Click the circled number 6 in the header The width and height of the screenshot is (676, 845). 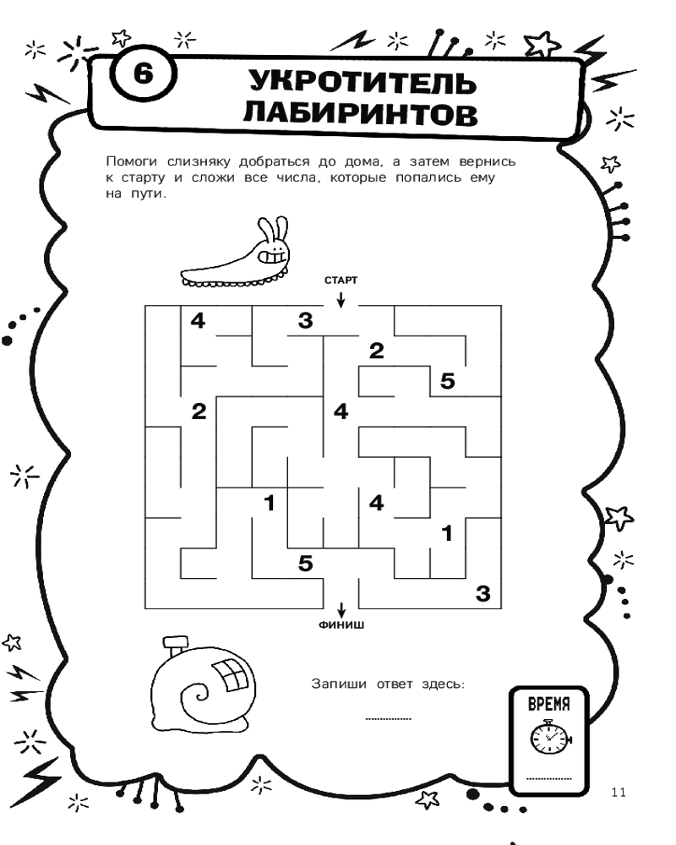(x=141, y=74)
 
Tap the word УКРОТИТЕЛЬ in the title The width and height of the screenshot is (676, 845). (x=358, y=83)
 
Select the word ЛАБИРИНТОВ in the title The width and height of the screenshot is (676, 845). (x=360, y=115)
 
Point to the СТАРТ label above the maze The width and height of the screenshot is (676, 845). (x=341, y=280)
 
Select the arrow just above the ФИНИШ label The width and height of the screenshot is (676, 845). (x=341, y=610)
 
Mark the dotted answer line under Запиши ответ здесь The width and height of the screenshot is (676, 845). (x=388, y=718)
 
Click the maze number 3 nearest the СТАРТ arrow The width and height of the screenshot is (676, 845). (x=305, y=320)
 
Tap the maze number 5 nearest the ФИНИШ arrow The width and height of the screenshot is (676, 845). (x=305, y=562)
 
